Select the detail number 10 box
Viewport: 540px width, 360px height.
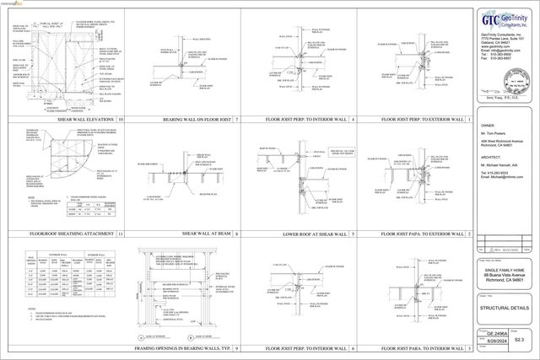[x=121, y=121]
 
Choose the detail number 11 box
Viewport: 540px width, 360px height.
[x=121, y=234]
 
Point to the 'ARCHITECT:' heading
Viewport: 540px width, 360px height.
[x=490, y=156]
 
